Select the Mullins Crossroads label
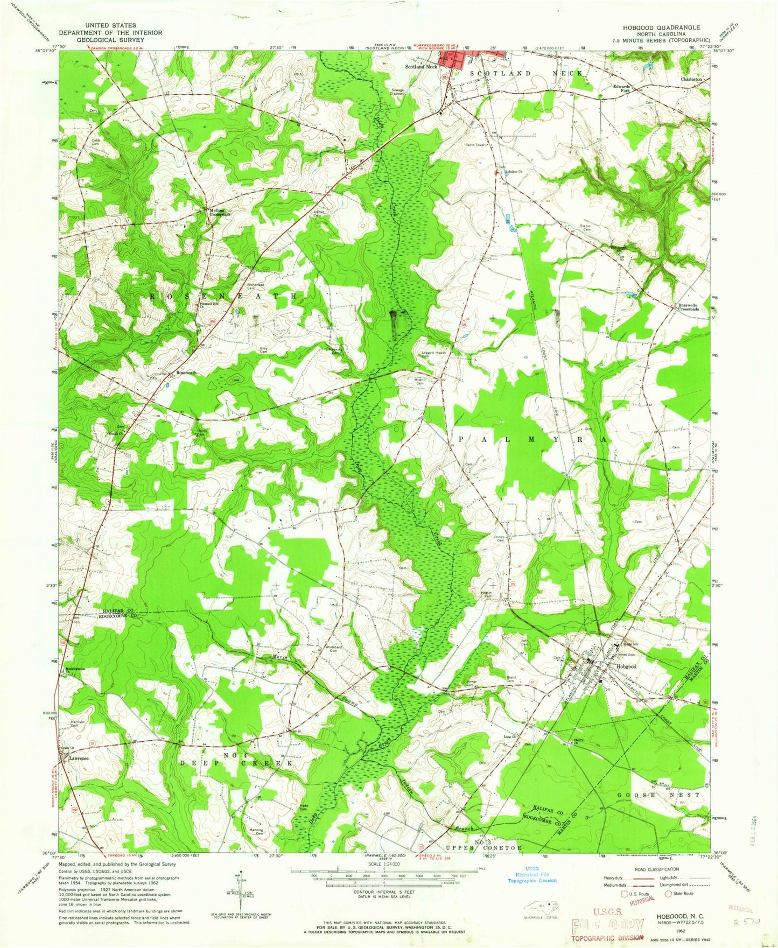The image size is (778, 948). click(220, 212)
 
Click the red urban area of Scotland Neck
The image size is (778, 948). click(452, 58)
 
